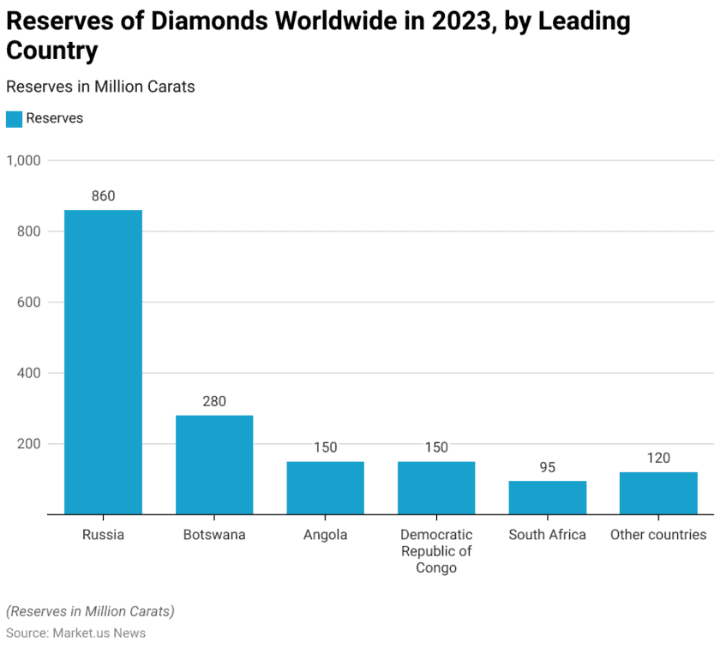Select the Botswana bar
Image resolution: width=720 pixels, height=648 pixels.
pos(214,465)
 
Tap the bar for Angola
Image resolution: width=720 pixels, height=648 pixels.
pos(325,488)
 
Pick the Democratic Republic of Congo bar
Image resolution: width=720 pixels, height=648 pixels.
pos(436,488)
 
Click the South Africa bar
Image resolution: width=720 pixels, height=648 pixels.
pos(547,497)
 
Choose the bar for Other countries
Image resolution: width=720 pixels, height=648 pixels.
pos(658,493)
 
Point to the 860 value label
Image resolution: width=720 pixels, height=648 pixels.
pos(103,196)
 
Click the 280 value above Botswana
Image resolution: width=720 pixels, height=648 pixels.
pos(214,401)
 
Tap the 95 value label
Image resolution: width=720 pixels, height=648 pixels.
pos(547,467)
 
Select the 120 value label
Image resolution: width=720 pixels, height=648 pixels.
pos(658,458)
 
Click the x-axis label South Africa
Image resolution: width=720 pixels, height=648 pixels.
pos(547,535)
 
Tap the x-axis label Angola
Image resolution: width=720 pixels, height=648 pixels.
pos(325,535)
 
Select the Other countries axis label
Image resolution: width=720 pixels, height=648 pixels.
pos(658,535)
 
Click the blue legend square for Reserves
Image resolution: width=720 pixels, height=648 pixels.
pos(14,119)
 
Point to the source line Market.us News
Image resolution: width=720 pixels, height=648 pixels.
pos(75,633)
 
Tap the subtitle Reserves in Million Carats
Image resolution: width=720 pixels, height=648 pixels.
pos(100,87)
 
